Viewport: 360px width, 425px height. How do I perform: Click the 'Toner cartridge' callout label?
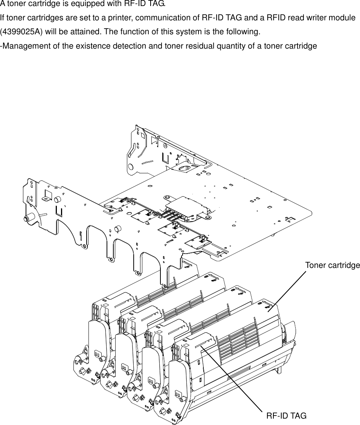pyautogui.click(x=332, y=265)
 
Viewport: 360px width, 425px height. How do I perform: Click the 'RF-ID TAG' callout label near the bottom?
pyautogui.click(x=286, y=416)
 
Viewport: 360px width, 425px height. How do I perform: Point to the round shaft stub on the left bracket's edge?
pyautogui.click(x=27, y=219)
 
